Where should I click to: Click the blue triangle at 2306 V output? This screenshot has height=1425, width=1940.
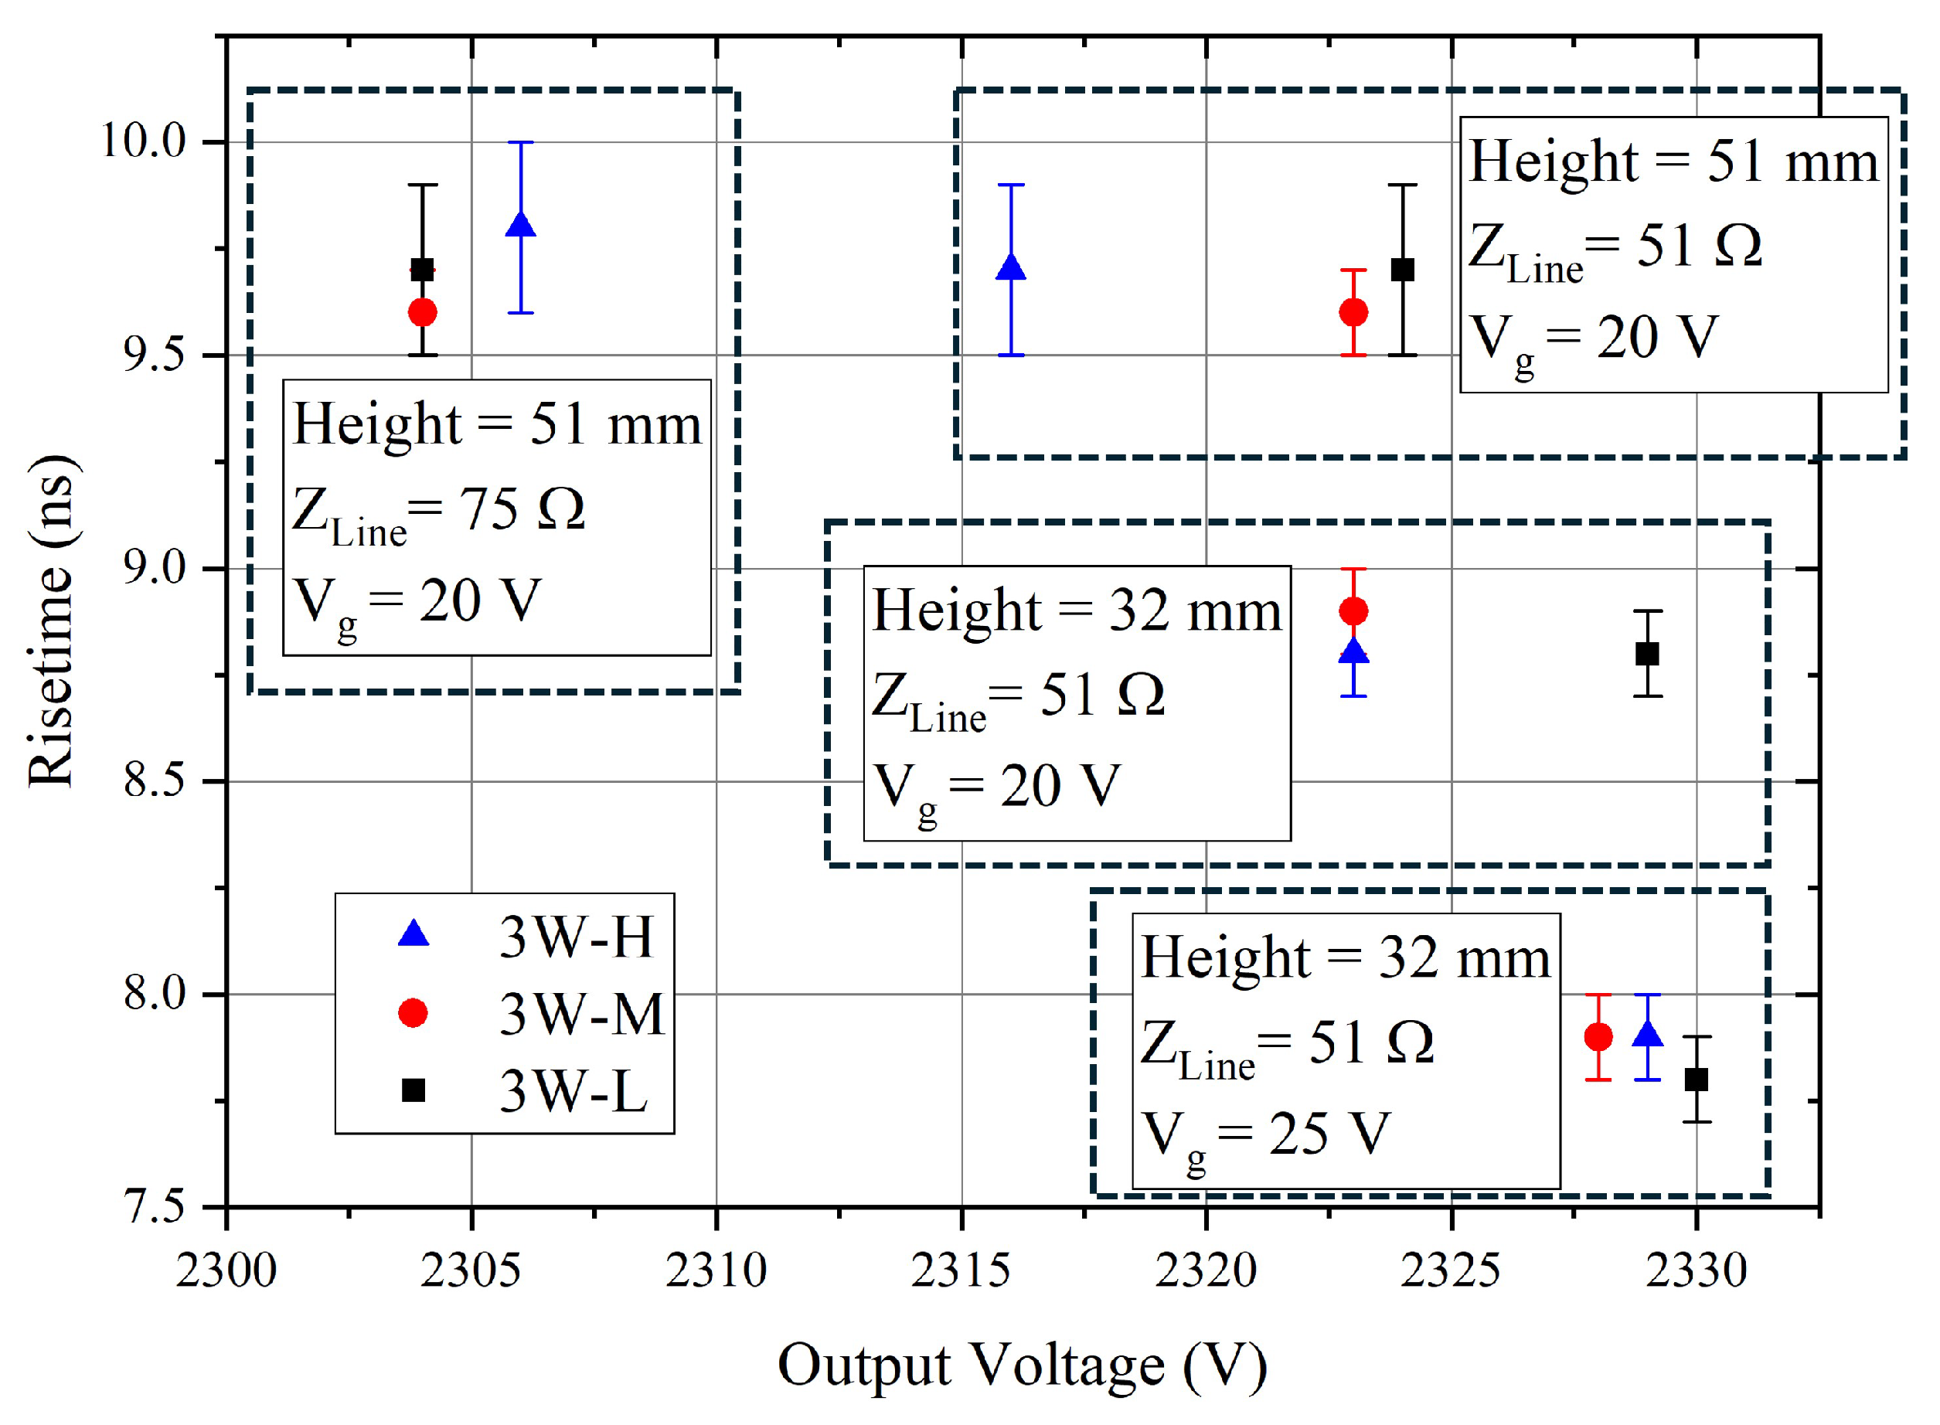[520, 226]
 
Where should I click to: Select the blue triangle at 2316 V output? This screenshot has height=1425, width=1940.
[1010, 268]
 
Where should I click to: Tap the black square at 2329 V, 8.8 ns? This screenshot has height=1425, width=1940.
[1647, 654]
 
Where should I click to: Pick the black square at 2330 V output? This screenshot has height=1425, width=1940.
[1696, 1079]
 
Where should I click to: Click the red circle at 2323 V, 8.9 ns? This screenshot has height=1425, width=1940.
[1353, 611]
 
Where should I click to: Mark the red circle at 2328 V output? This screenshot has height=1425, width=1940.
[1598, 1037]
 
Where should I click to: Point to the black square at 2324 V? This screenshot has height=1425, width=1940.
[1403, 270]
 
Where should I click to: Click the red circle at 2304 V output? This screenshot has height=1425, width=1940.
[422, 312]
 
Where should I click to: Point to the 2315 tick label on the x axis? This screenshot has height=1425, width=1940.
[961, 1270]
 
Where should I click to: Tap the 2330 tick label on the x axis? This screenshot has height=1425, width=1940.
[1696, 1270]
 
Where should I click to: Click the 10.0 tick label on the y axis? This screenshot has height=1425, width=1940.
[144, 141]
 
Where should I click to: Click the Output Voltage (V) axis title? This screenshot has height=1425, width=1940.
[1023, 1365]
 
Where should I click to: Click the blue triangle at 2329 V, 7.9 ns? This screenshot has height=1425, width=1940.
[1648, 1034]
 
